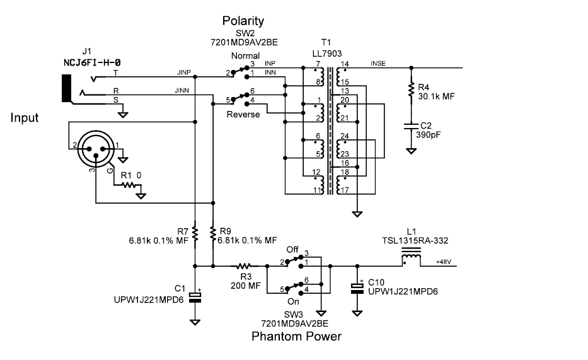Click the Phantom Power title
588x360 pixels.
click(x=296, y=336)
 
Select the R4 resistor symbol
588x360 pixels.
click(x=411, y=88)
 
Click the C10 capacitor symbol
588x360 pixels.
click(x=357, y=287)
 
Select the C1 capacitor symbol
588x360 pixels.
click(x=195, y=297)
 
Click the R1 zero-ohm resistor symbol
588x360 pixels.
click(x=129, y=185)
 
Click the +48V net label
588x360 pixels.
click(x=445, y=261)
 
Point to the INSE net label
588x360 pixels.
click(x=379, y=64)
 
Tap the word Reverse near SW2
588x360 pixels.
click(x=244, y=114)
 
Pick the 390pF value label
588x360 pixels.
click(x=429, y=134)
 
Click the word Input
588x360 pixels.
click(x=25, y=117)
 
